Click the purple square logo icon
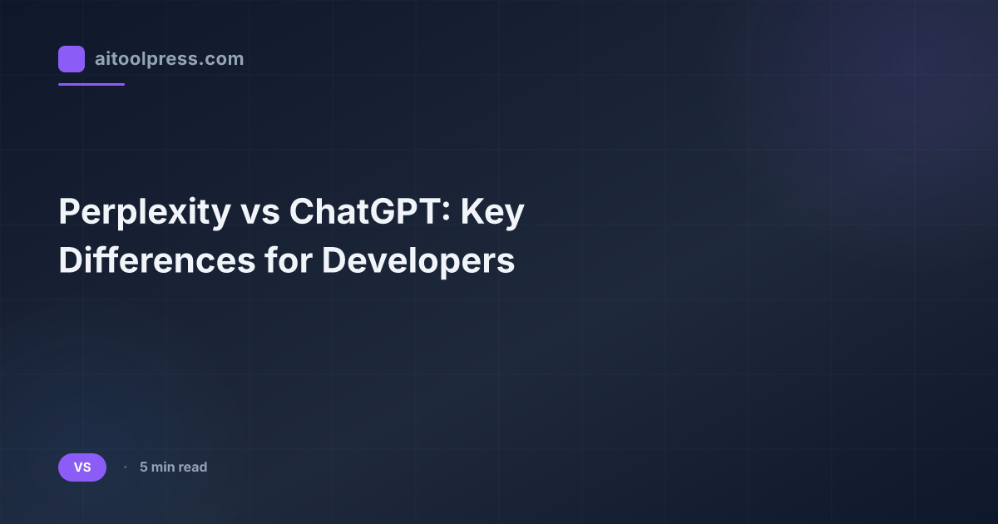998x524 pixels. [x=72, y=59]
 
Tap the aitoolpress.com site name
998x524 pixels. [x=169, y=59]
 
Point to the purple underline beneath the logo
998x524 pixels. [x=91, y=84]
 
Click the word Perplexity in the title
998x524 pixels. [x=144, y=214]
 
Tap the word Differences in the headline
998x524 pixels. [x=156, y=260]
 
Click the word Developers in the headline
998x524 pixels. [x=418, y=260]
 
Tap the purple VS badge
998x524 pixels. [x=82, y=467]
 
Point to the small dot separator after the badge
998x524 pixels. [x=125, y=467]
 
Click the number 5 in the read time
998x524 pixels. [x=144, y=467]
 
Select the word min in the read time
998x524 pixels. [x=163, y=467]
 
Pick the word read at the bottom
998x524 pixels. [x=193, y=467]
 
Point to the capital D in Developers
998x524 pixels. [x=333, y=260]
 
